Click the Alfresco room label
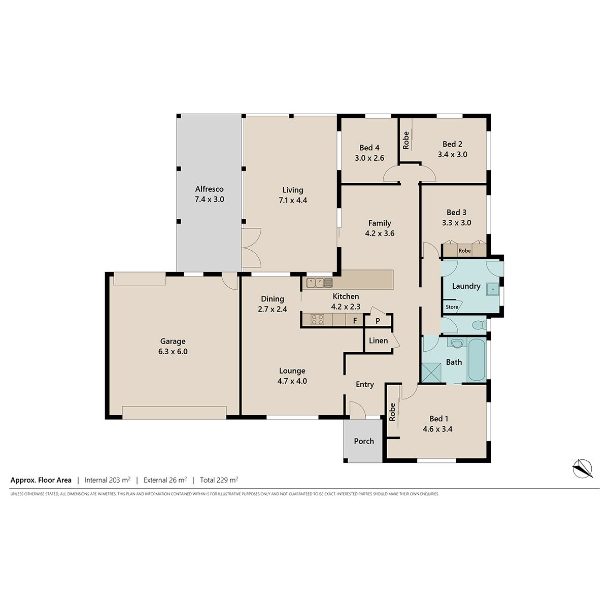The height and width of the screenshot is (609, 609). [x=209, y=189]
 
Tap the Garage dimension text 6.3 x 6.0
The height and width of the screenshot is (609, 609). [x=173, y=351]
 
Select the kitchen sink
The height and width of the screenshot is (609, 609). [x=319, y=283]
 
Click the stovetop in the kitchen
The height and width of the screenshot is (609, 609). [x=317, y=319]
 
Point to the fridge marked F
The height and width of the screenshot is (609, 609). [x=355, y=320]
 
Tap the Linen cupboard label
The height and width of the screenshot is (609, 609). [x=378, y=341]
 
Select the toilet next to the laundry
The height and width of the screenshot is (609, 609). [x=480, y=325]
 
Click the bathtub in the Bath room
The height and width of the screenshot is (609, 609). [x=477, y=360]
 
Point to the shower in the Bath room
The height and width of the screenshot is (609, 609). [x=431, y=373]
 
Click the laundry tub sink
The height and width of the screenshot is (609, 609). [x=493, y=289]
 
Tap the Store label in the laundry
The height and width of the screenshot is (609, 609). [x=452, y=307]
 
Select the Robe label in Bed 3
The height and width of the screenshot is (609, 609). [x=464, y=251]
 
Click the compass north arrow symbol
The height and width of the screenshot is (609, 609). [x=582, y=468]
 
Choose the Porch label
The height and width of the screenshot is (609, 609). [x=364, y=441]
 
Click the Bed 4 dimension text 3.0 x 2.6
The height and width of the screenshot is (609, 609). [x=369, y=158]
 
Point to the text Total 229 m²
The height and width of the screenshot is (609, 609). [x=219, y=480]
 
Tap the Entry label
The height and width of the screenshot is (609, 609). [x=365, y=385]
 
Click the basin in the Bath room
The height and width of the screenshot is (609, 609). [x=457, y=343]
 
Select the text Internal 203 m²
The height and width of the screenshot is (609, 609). [x=108, y=480]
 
